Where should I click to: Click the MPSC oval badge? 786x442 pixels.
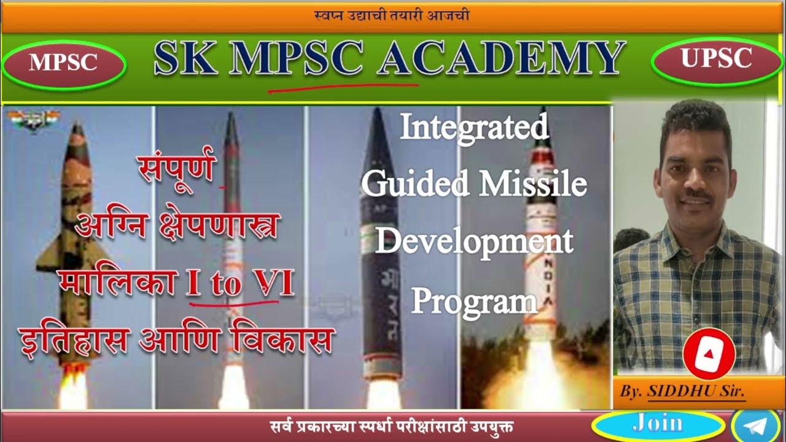[63, 63]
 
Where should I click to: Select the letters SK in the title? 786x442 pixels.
[185, 60]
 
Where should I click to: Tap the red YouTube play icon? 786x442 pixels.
[709, 354]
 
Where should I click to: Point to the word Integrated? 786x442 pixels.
[474, 128]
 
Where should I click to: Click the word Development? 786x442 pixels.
[473, 241]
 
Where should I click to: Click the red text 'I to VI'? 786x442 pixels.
[240, 284]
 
